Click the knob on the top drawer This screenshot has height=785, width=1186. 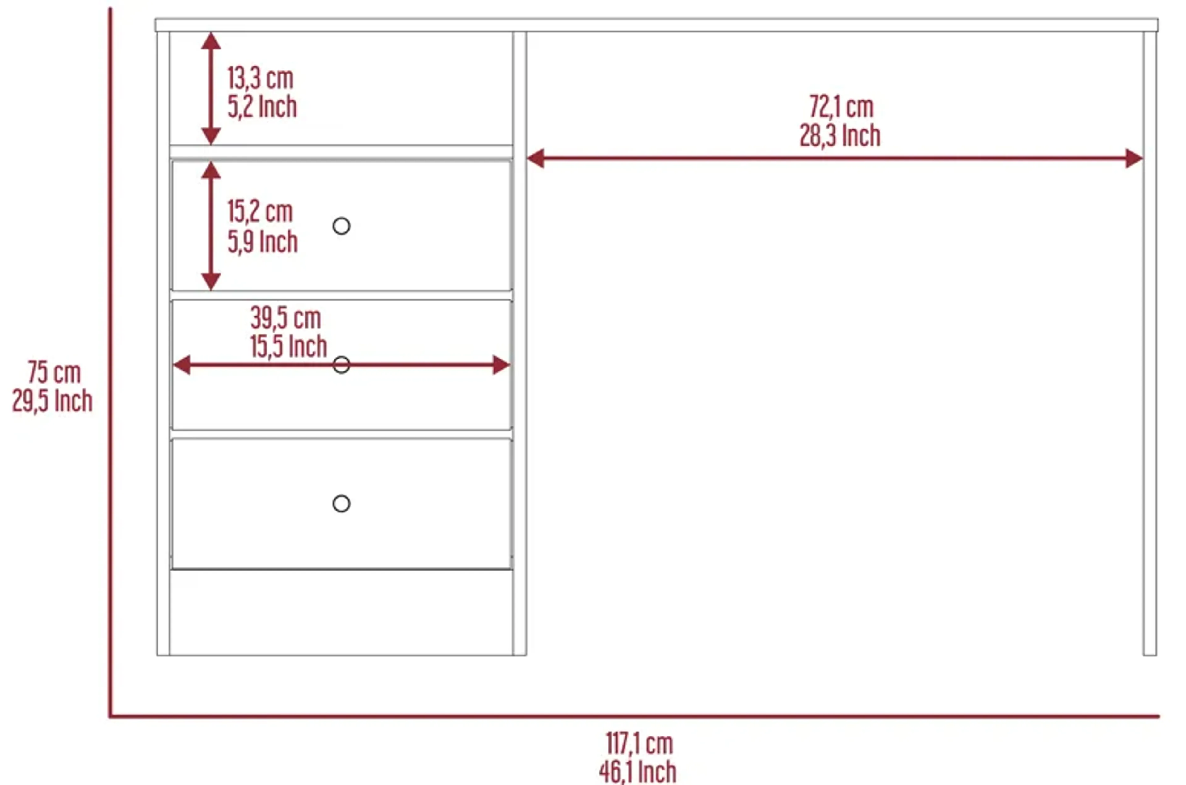[x=341, y=226]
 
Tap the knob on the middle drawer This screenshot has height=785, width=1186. [x=341, y=365]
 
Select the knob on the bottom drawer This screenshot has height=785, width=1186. [x=341, y=504]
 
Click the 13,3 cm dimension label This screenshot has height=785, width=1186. [x=260, y=78]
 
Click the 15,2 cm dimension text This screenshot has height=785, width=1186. [x=260, y=211]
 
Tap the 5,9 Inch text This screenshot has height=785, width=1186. [x=263, y=242]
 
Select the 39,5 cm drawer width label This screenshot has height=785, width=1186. [x=286, y=318]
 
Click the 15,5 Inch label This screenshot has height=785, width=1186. [x=288, y=346]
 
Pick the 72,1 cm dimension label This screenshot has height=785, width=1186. [x=841, y=107]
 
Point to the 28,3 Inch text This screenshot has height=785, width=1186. [x=840, y=136]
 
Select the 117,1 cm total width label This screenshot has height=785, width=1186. [x=639, y=744]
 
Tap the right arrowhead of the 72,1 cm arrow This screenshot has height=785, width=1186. [x=1134, y=158]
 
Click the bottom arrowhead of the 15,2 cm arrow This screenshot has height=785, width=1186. [x=211, y=282]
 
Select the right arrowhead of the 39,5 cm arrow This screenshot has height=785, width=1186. [x=501, y=365]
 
